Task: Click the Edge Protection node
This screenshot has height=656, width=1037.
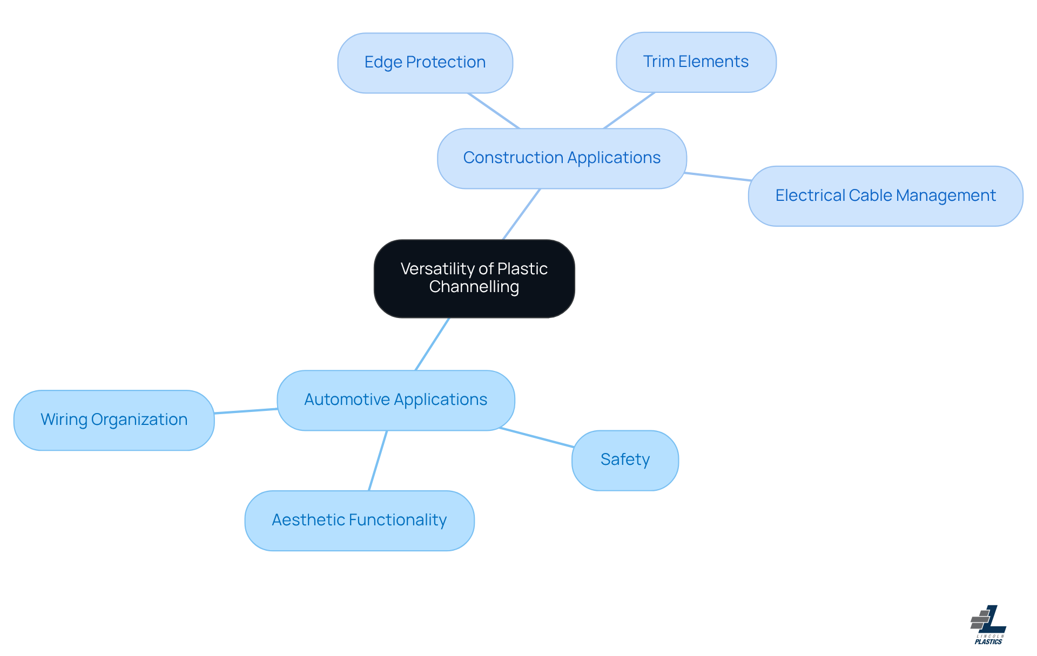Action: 425,63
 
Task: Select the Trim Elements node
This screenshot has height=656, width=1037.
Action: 696,62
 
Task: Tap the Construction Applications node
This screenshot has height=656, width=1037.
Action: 562,158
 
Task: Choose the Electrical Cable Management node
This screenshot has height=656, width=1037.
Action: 885,196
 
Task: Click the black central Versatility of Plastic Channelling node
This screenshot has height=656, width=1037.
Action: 474,278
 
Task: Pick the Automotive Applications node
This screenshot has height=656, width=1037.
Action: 395,400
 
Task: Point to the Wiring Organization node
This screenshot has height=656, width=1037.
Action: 114,420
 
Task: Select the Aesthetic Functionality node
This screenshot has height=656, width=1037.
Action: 359,520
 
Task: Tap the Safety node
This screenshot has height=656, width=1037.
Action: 625,460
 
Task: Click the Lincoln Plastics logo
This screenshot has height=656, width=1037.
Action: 988,625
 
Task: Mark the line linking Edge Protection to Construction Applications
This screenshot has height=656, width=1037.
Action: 494,111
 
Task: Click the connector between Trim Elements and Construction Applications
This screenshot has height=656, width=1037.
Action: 629,110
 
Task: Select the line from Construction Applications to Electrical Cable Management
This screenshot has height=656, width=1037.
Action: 717,177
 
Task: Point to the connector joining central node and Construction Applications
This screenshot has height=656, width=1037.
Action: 522,214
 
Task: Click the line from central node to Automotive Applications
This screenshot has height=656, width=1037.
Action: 433,344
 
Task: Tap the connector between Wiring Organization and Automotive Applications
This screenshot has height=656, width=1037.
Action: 246,411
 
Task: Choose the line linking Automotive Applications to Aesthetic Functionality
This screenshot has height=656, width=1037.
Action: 378,461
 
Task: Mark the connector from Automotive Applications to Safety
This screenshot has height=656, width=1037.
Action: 537,437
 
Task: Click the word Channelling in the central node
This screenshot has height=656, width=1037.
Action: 474,287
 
